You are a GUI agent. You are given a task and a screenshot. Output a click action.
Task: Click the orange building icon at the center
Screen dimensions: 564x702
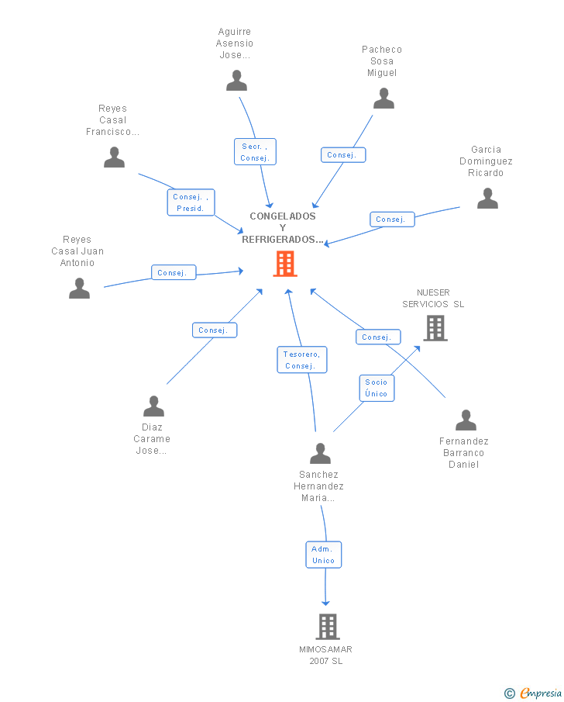(x=285, y=264)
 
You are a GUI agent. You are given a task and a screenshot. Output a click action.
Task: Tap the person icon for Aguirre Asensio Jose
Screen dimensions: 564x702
(x=236, y=81)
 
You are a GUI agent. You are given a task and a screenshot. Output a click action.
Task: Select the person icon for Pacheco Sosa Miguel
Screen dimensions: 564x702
(x=383, y=99)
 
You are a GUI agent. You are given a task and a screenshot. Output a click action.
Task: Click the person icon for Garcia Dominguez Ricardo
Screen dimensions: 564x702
(x=487, y=199)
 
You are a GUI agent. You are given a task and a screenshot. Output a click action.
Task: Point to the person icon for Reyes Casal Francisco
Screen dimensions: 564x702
(x=114, y=157)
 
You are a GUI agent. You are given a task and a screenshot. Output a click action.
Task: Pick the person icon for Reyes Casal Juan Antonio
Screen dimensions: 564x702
(x=80, y=288)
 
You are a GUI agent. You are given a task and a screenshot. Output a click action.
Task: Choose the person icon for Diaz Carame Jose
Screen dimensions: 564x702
(x=154, y=406)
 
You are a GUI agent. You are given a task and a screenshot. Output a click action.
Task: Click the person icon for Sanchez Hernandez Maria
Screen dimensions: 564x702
(x=320, y=454)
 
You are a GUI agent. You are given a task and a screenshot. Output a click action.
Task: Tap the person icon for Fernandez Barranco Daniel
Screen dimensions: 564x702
(x=466, y=420)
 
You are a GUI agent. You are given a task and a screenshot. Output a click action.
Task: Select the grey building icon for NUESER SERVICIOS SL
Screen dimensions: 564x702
(x=435, y=328)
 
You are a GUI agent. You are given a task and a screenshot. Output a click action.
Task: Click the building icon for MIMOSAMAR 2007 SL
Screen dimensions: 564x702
(x=328, y=626)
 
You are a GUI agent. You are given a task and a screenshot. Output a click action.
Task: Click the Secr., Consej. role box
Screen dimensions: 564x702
(x=255, y=152)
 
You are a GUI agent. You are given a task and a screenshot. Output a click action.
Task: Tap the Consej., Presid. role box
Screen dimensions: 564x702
(x=191, y=202)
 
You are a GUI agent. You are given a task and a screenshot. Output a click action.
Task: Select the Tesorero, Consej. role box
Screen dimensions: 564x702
(x=302, y=359)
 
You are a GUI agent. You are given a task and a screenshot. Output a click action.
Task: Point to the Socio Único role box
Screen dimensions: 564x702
(x=377, y=388)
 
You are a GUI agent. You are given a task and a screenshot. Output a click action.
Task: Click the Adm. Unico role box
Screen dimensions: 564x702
(x=323, y=555)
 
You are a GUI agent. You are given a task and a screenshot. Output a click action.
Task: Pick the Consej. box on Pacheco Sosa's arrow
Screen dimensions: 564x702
(x=343, y=155)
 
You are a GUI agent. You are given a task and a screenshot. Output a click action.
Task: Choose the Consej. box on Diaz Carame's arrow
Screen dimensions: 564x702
(x=215, y=330)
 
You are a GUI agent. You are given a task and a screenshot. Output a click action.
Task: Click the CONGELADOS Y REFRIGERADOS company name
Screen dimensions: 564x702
(x=283, y=228)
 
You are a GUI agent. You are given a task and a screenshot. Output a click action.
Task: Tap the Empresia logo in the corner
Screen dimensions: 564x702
(x=533, y=693)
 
